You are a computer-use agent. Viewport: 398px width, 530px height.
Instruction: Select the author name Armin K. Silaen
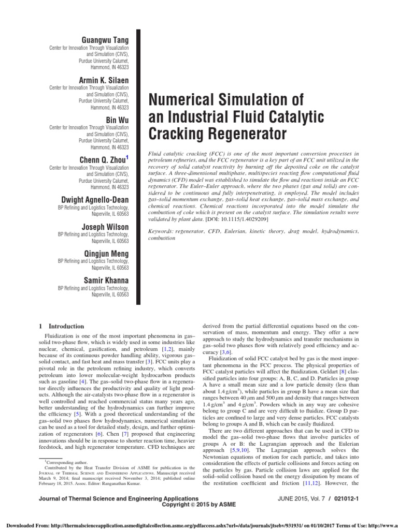[103, 80]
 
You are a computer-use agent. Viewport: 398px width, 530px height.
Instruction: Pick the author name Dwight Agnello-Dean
[93, 200]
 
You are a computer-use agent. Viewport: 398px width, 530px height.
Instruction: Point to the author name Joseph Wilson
[105, 226]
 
